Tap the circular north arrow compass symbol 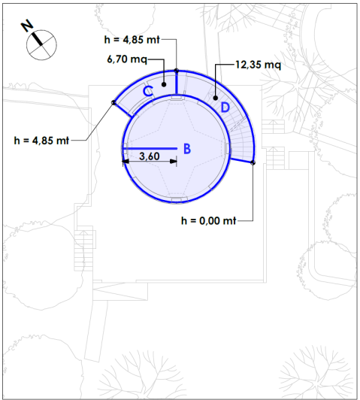(42, 44)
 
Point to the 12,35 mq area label (258, 65)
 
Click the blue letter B (188, 149)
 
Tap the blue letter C (149, 91)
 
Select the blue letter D (224, 107)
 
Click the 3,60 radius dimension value (150, 156)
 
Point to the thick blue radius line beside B (150, 148)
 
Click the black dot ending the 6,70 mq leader (165, 85)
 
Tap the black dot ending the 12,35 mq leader (216, 97)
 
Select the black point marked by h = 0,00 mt (253, 162)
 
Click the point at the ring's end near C (114, 104)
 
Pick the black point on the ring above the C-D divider (176, 71)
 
